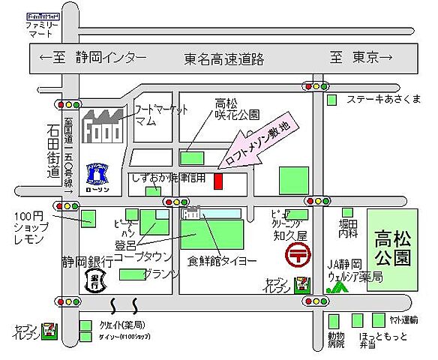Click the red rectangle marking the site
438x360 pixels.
[x=218, y=181]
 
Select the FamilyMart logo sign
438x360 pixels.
[x=43, y=15]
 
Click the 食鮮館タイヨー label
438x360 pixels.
[x=218, y=262]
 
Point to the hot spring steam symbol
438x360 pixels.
[x=124, y=305]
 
